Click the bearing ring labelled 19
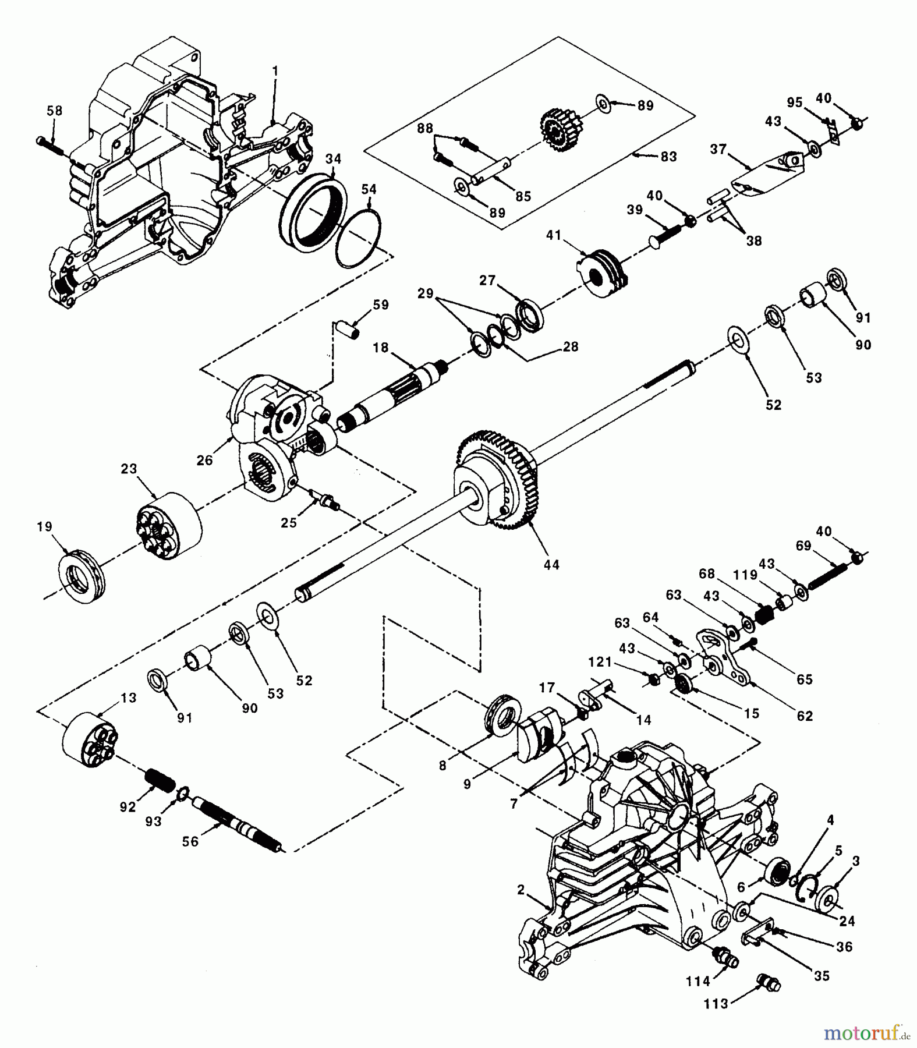pyautogui.click(x=82, y=573)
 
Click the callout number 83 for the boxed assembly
pyautogui.click(x=668, y=156)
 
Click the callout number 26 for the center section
pyautogui.click(x=204, y=460)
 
